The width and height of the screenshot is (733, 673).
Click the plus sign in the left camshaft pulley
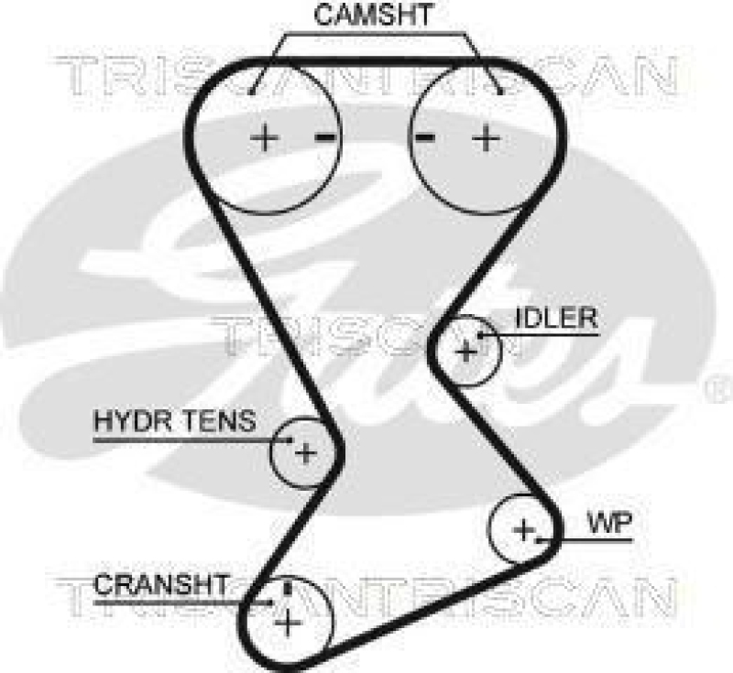265,138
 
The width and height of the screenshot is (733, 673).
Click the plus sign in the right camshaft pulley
487,138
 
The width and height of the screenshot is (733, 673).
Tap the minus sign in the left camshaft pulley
325,137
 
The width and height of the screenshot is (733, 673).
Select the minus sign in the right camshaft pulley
424,137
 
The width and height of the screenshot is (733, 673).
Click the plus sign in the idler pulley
466,351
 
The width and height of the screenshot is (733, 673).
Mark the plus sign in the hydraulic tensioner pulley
305,452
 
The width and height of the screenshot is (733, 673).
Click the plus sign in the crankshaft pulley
289,624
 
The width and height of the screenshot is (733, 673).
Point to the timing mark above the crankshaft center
289,587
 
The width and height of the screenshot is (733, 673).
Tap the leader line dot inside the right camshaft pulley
500,91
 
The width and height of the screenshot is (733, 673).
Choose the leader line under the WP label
596,540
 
